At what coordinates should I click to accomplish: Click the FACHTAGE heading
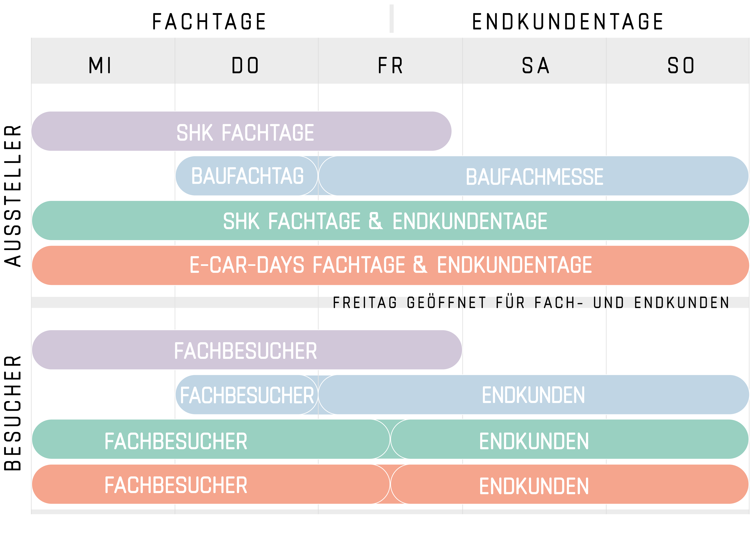click(x=209, y=22)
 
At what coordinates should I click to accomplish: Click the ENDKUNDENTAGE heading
click(x=567, y=22)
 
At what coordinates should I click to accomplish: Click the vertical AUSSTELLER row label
click(x=13, y=196)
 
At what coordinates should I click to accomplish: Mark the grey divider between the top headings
click(x=391, y=19)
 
